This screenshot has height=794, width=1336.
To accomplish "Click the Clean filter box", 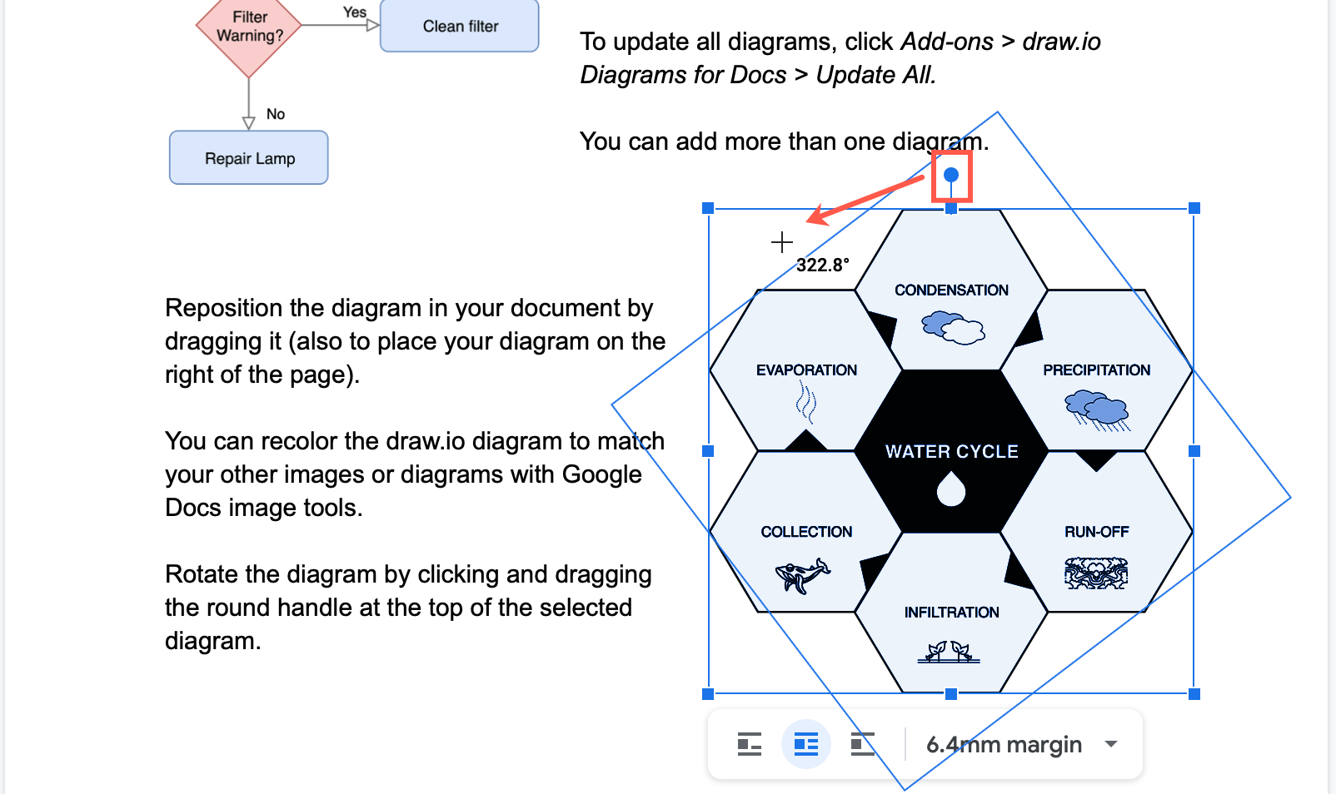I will coord(459,26).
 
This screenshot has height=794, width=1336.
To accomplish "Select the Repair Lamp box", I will coord(249,158).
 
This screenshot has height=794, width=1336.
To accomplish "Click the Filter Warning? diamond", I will coord(249,27).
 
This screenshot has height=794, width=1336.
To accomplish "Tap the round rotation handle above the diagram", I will coord(951,175).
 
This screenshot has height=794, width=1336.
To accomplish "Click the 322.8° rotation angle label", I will coord(822,265).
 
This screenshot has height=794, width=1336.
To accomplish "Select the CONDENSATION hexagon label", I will coord(951,290).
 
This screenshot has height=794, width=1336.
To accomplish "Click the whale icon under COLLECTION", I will coord(803,575).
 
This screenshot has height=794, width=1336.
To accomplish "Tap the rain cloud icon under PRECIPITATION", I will coord(1097,409).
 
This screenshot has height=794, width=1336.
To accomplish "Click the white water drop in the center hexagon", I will coord(950,489).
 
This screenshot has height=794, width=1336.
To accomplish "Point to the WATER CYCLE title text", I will coord(951,452).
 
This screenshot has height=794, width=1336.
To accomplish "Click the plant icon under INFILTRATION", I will coord(949,652).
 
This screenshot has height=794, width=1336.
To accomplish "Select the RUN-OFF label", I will coord(1096,532).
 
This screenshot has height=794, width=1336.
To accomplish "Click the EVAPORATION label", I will coord(806,370).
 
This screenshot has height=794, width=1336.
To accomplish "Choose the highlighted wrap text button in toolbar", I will coord(805,744).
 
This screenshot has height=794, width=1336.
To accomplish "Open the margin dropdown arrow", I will coord(1110,744).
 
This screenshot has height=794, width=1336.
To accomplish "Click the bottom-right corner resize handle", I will coord(1194,693).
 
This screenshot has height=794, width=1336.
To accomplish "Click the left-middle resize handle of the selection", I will coord(708,451).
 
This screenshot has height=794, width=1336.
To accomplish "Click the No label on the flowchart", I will coord(276,114).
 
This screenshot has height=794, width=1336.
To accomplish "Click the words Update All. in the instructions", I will coord(875,75).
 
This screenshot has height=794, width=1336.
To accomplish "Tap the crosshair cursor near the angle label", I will coord(781,242).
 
